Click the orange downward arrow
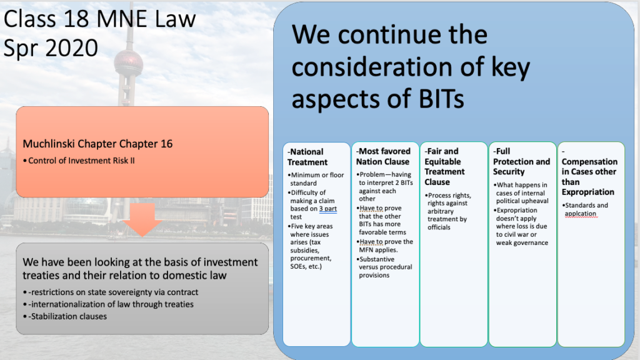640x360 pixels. [x=142, y=219]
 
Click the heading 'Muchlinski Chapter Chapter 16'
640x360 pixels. [x=97, y=144]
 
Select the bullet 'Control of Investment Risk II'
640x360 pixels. [x=79, y=161]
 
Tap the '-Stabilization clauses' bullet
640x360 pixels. [x=65, y=316]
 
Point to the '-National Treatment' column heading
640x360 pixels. [x=307, y=157]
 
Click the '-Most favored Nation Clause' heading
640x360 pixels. [x=383, y=156]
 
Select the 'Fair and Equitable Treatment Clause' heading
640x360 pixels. [x=444, y=166]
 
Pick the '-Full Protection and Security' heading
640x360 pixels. [x=521, y=161]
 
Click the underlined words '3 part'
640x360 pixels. [x=327, y=209]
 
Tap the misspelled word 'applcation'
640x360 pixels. [x=581, y=214]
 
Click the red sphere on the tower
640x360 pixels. [x=128, y=64]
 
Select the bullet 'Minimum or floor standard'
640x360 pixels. [x=316, y=179]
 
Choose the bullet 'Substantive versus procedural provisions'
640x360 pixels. [x=384, y=267]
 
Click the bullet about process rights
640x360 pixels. [x=448, y=211]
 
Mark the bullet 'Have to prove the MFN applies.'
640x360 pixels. [x=385, y=246]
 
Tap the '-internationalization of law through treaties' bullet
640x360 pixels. [x=108, y=304]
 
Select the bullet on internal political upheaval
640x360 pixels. [x=521, y=193]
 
